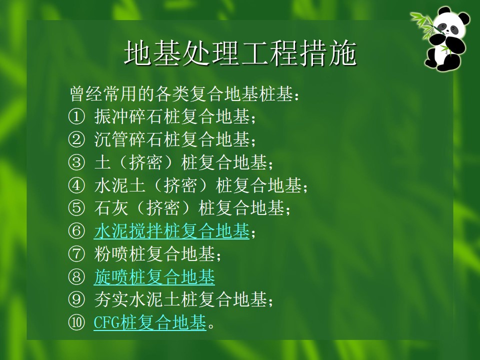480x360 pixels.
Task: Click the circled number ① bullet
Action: (x=76, y=117)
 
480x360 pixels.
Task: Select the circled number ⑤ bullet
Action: (x=76, y=208)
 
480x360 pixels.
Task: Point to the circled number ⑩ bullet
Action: (x=76, y=322)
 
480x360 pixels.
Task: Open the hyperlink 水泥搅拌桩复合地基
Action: (x=171, y=231)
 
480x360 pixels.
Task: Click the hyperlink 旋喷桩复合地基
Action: (x=154, y=276)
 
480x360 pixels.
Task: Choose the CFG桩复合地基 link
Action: (x=149, y=322)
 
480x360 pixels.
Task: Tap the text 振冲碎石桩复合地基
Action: (x=171, y=117)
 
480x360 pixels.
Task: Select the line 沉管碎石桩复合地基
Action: (x=171, y=139)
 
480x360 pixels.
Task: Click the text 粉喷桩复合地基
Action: (x=154, y=254)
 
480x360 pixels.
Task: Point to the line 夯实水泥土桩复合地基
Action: (x=180, y=299)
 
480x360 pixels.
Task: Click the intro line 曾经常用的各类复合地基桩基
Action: (x=181, y=94)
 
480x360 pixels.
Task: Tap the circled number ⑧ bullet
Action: (x=76, y=276)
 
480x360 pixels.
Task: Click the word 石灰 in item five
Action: (x=111, y=208)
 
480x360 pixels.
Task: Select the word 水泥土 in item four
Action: (x=119, y=185)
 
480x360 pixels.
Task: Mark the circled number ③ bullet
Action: (x=76, y=162)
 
